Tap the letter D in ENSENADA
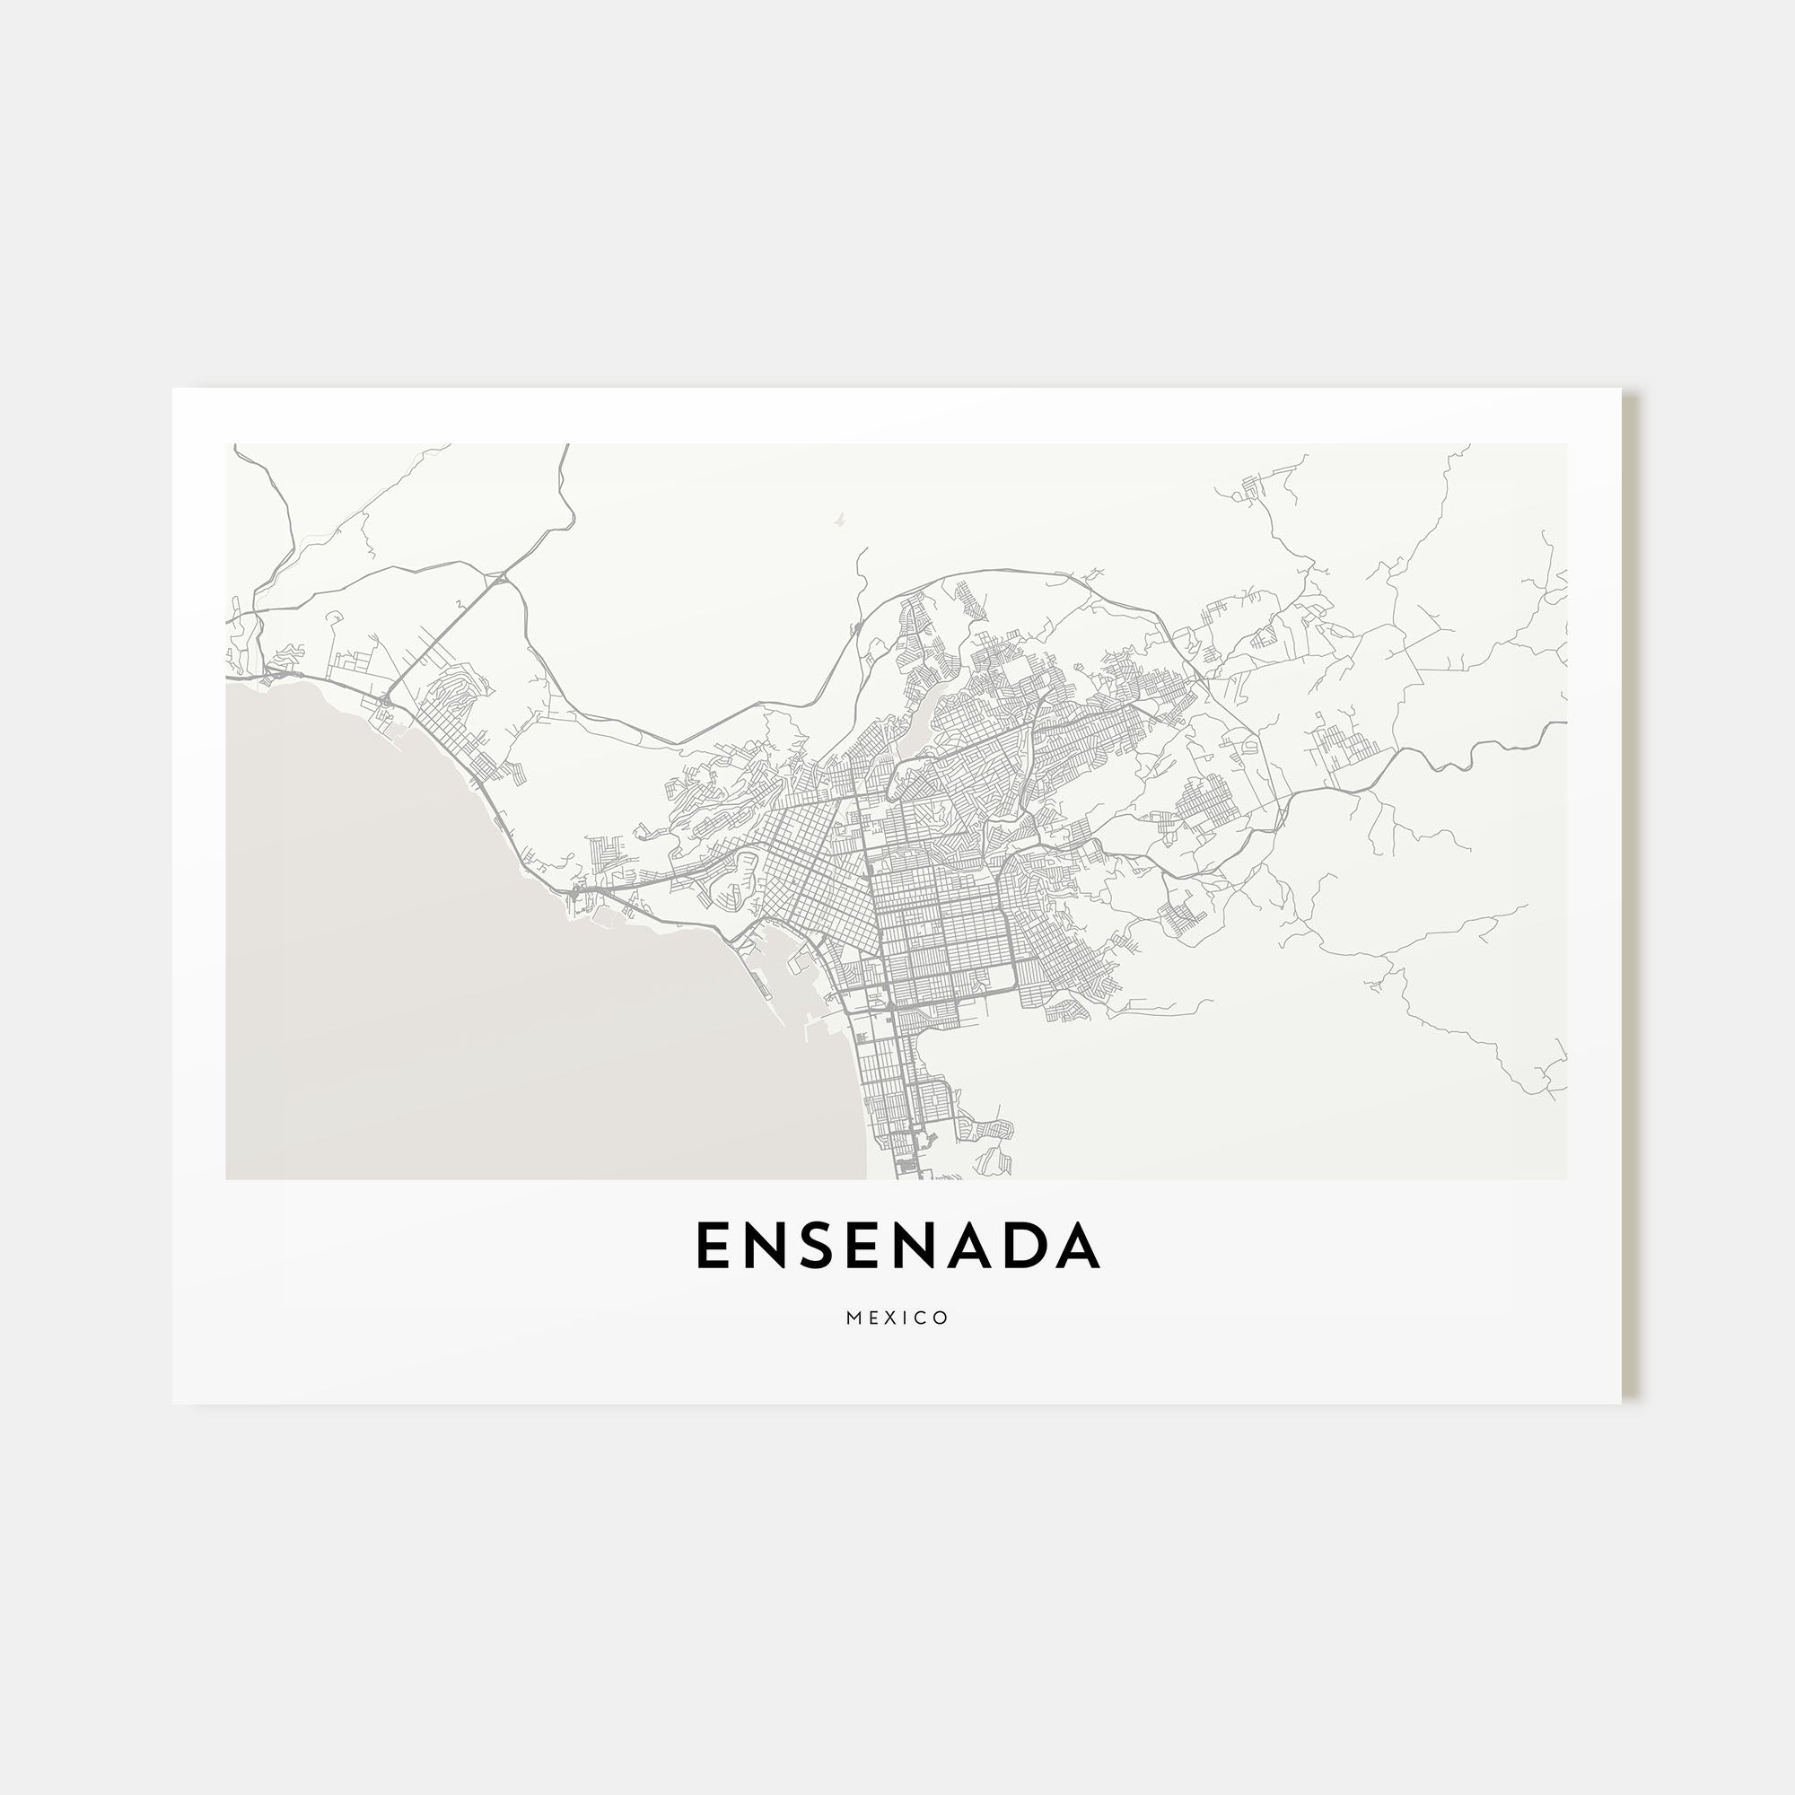[1024, 1246]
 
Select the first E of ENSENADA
[711, 1246]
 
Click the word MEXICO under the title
[897, 1318]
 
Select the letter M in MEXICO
[854, 1318]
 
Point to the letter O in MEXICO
[941, 1318]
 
